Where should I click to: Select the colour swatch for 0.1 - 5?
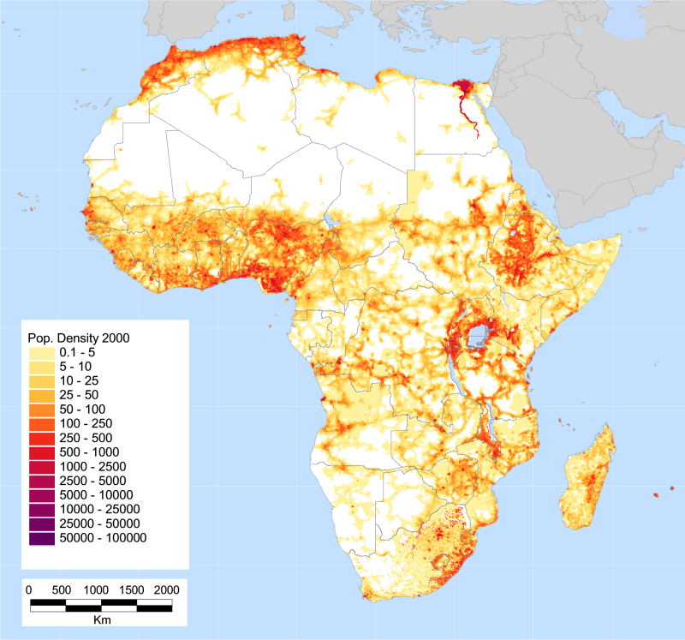click(42, 352)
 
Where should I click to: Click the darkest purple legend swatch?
click(42, 538)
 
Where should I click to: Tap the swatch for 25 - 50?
click(42, 395)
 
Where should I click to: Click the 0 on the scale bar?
click(29, 590)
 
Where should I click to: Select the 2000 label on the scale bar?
click(166, 590)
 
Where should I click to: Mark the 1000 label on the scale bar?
click(97, 590)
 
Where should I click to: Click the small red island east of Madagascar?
click(656, 494)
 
